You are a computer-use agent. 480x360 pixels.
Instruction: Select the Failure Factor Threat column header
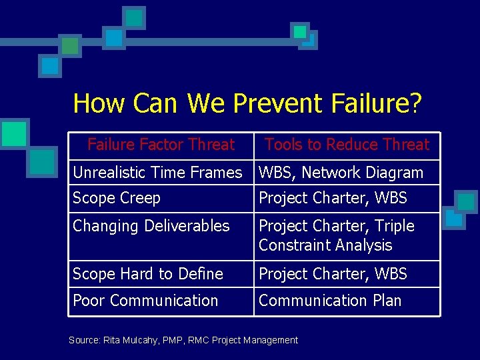161,145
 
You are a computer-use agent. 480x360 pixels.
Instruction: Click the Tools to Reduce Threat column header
347,145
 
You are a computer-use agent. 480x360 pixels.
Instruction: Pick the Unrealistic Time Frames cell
157,173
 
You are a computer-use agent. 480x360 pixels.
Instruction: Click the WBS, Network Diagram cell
341,173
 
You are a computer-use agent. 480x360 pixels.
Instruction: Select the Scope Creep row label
117,198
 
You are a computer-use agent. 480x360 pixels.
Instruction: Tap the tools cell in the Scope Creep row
333,198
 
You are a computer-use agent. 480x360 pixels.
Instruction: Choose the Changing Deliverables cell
151,226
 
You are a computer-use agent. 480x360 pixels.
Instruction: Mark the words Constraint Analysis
325,245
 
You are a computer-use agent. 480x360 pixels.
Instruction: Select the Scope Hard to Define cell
148,274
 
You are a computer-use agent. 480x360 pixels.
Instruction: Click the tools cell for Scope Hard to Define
333,274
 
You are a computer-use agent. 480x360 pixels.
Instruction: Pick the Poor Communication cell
145,301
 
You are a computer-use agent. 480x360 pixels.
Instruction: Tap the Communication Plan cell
330,301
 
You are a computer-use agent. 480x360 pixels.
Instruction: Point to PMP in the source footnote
171,341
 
